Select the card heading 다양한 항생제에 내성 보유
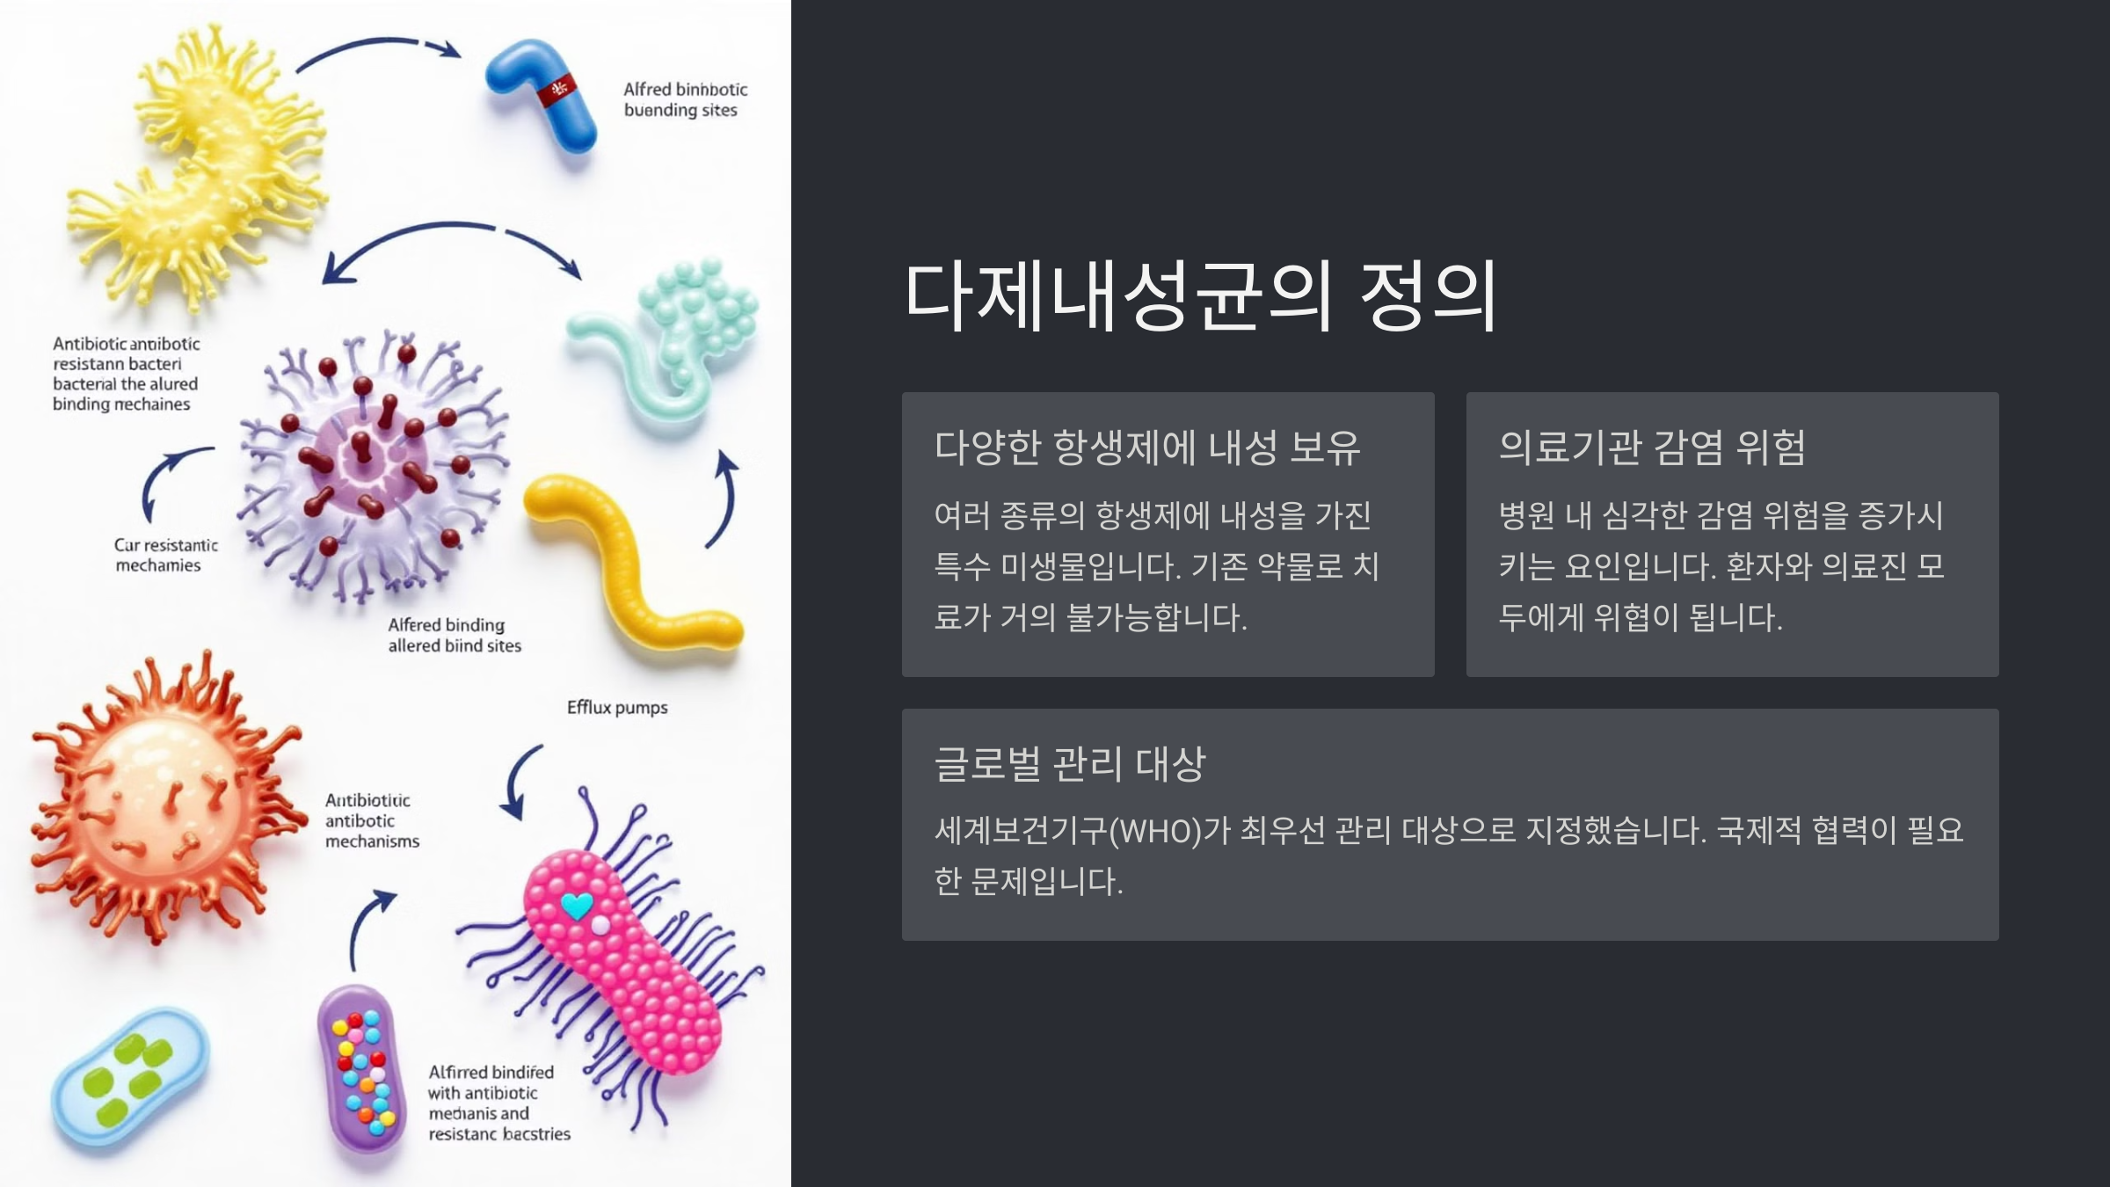coord(1146,448)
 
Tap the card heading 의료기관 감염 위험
coord(1651,448)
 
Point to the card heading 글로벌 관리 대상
coord(1069,763)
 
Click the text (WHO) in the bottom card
coord(1154,831)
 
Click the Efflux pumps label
coord(617,708)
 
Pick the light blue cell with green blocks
coord(129,1078)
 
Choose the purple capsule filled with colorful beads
coord(361,1069)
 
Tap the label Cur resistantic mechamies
coord(164,555)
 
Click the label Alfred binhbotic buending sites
coord(685,99)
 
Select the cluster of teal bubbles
coord(699,308)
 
